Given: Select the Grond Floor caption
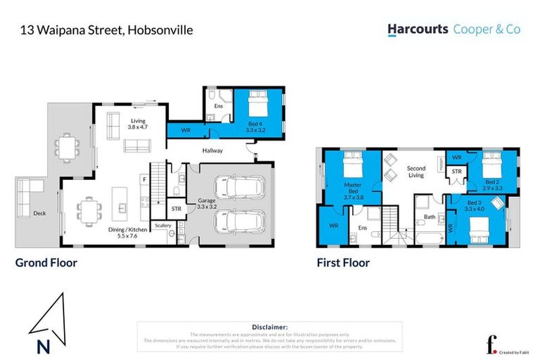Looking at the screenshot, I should (x=46, y=263).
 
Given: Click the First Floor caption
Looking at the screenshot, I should (x=342, y=263).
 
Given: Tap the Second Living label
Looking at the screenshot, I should (x=416, y=172).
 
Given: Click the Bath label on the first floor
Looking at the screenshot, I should (x=430, y=217).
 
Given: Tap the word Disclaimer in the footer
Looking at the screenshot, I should (x=269, y=327).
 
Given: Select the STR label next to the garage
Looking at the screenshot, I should (x=176, y=208).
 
